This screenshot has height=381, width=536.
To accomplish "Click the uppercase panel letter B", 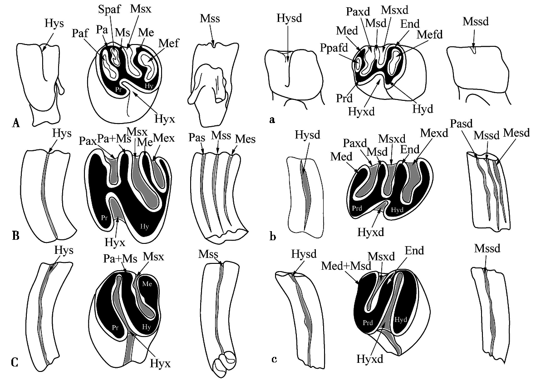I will point(15,236).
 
